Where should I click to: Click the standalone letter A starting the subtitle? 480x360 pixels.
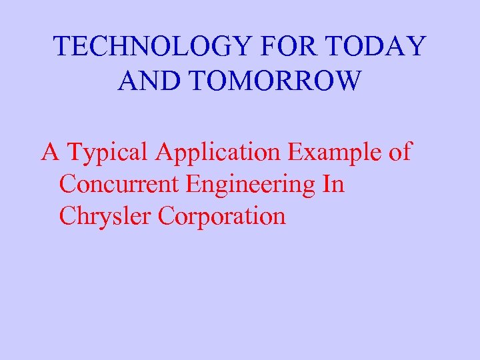pyautogui.click(x=49, y=152)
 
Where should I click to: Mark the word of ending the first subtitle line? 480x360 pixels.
pyautogui.click(x=399, y=152)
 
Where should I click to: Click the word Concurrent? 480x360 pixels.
pyautogui.click(x=119, y=184)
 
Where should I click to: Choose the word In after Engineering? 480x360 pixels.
pyautogui.click(x=333, y=184)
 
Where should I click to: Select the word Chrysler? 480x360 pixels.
pyautogui.click(x=105, y=217)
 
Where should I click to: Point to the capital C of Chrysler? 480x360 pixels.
pyautogui.click(x=67, y=216)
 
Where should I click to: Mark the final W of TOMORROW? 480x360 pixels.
pyautogui.click(x=347, y=81)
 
